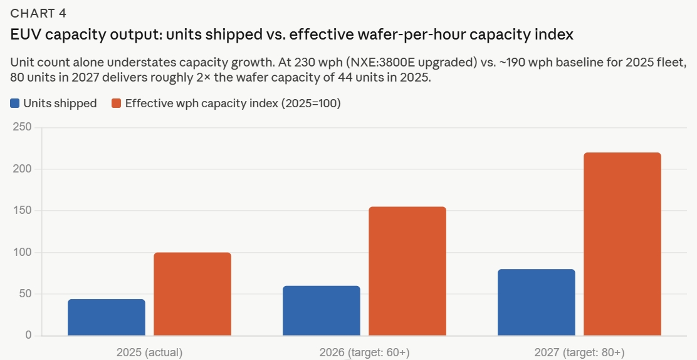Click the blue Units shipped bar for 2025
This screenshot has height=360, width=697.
(x=107, y=317)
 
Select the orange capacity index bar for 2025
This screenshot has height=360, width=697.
(x=192, y=294)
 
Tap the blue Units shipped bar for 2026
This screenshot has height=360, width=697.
(x=322, y=310)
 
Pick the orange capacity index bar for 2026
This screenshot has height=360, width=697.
(x=407, y=271)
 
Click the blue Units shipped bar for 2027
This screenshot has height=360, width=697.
(x=537, y=302)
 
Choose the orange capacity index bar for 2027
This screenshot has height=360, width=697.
(x=622, y=244)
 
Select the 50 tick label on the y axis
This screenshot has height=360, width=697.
(x=25, y=294)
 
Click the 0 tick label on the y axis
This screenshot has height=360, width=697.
(x=28, y=336)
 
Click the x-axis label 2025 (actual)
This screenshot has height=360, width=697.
(x=149, y=352)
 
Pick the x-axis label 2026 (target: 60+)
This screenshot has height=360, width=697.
(x=364, y=352)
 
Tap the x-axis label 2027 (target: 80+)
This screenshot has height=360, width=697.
(x=579, y=352)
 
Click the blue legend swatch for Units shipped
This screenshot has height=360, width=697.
(x=15, y=103)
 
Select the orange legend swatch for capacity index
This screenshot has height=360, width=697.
(x=117, y=103)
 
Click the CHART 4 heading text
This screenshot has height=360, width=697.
(x=38, y=14)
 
